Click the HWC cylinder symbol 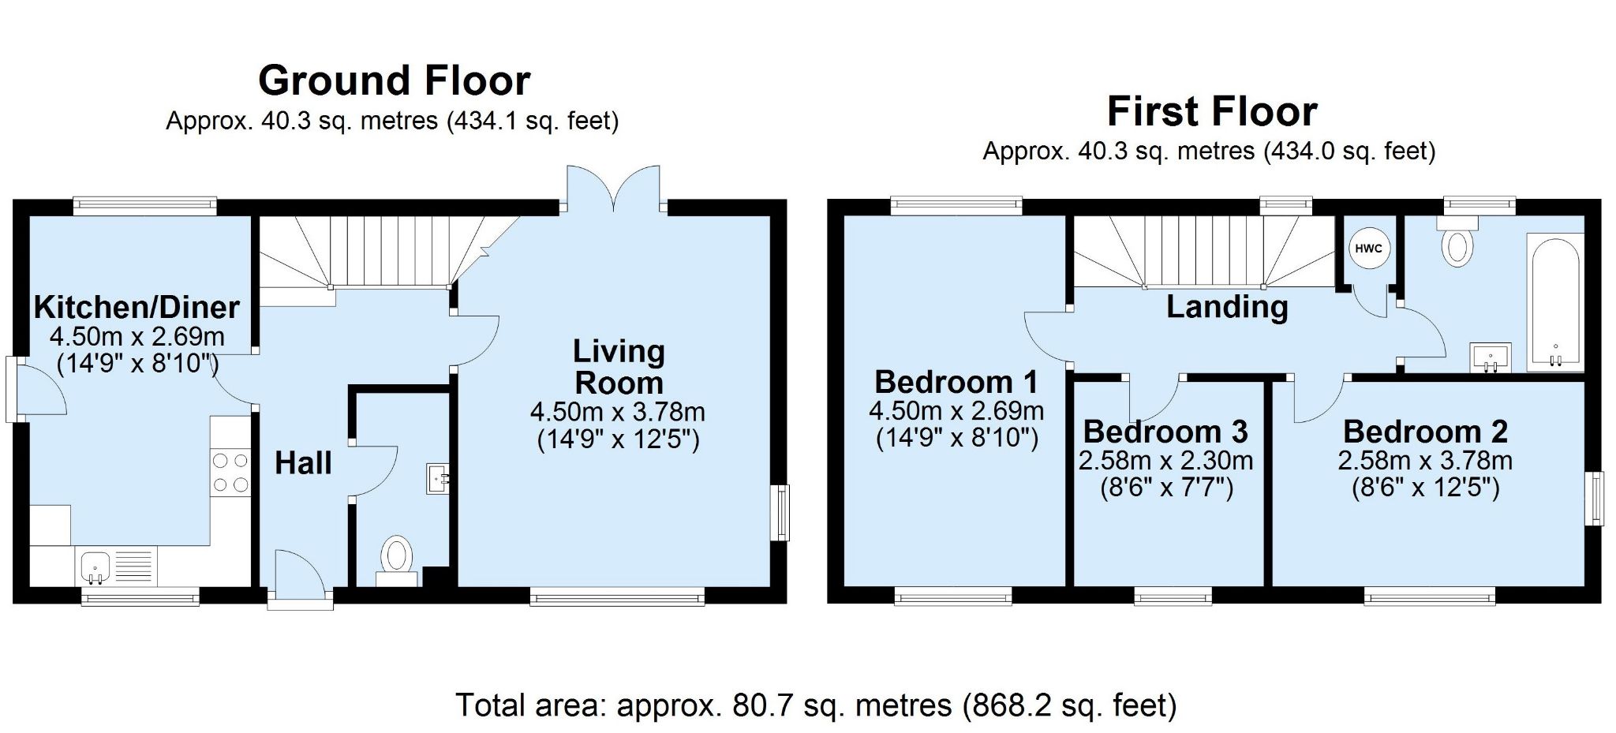pyautogui.click(x=1368, y=249)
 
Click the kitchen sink pyautogui.click(x=95, y=567)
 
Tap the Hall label pyautogui.click(x=303, y=463)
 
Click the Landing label pyautogui.click(x=1227, y=306)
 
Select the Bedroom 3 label pyautogui.click(x=1165, y=432)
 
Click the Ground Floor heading pyautogui.click(x=395, y=80)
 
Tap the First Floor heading pyautogui.click(x=1212, y=111)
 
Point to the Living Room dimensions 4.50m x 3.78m pyautogui.click(x=618, y=412)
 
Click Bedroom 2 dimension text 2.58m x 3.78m pyautogui.click(x=1425, y=460)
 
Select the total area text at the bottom pyautogui.click(x=816, y=705)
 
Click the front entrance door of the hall pyautogui.click(x=300, y=580)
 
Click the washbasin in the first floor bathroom pyautogui.click(x=1490, y=357)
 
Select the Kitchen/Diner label pyautogui.click(x=137, y=307)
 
